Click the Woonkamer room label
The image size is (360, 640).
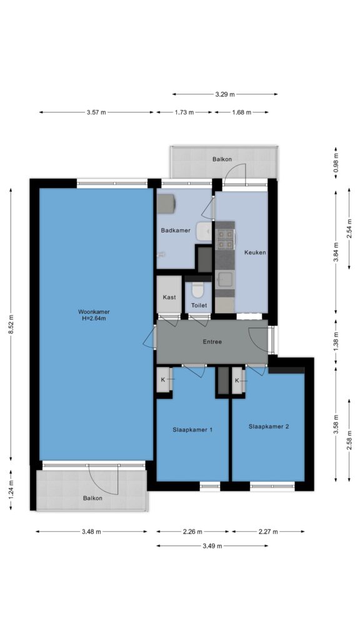[x=94, y=312]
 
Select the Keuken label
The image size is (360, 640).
[x=255, y=252]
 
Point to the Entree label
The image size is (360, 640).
[x=212, y=342]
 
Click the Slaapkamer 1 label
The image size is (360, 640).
[x=192, y=430]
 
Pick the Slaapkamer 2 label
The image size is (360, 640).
[x=269, y=426]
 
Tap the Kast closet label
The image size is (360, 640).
[x=169, y=297]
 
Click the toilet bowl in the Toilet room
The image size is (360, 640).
[x=198, y=290]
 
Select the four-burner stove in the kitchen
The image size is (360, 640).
[x=225, y=239]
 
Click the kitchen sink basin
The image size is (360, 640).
[x=225, y=279]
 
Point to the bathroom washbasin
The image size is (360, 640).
[x=204, y=232]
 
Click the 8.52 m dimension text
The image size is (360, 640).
[x=12, y=324]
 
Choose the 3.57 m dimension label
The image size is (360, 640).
[x=96, y=112]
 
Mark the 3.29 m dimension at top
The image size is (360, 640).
[x=225, y=94]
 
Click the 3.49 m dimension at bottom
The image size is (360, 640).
[x=212, y=546]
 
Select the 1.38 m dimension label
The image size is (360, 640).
[x=336, y=342]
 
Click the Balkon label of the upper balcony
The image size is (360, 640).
[x=222, y=159]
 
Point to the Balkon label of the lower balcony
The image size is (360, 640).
[x=92, y=498]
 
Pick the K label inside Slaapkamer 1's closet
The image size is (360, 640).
[x=163, y=379]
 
